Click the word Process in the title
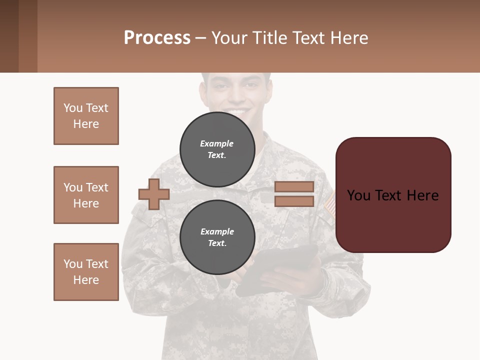click(x=157, y=38)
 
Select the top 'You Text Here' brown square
click(x=86, y=116)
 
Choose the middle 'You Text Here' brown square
click(x=86, y=195)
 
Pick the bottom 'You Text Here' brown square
click(x=86, y=272)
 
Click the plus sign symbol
click(x=154, y=194)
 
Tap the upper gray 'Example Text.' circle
click(x=217, y=149)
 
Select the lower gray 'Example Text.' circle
click(x=217, y=237)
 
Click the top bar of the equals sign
click(x=294, y=187)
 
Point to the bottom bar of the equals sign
click(x=294, y=201)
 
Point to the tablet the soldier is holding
click(x=280, y=270)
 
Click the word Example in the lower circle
click(x=217, y=232)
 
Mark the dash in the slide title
click(x=201, y=38)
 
